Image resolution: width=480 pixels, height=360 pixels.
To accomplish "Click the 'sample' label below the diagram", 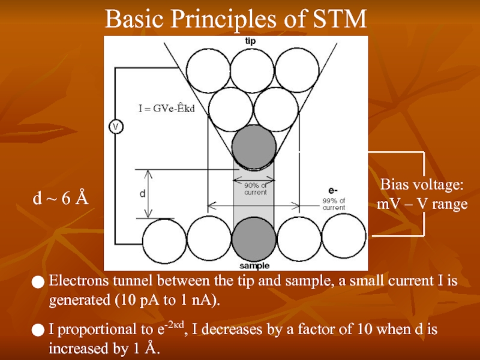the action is (x=254, y=265).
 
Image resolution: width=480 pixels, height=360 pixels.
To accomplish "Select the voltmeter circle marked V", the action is (x=115, y=127).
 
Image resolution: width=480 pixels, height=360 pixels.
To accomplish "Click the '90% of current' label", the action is (x=254, y=189).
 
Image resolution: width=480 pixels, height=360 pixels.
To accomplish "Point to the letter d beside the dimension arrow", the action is (x=142, y=194).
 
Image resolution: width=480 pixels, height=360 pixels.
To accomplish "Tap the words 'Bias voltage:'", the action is (x=422, y=184).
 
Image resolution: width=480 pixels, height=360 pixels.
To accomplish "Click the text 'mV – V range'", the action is (x=422, y=204).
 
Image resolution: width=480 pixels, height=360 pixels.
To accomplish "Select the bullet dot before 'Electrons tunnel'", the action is (x=38, y=281).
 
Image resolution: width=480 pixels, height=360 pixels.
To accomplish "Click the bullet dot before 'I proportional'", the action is (x=38, y=330).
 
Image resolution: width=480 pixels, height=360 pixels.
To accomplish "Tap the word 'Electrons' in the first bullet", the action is (x=76, y=280).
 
